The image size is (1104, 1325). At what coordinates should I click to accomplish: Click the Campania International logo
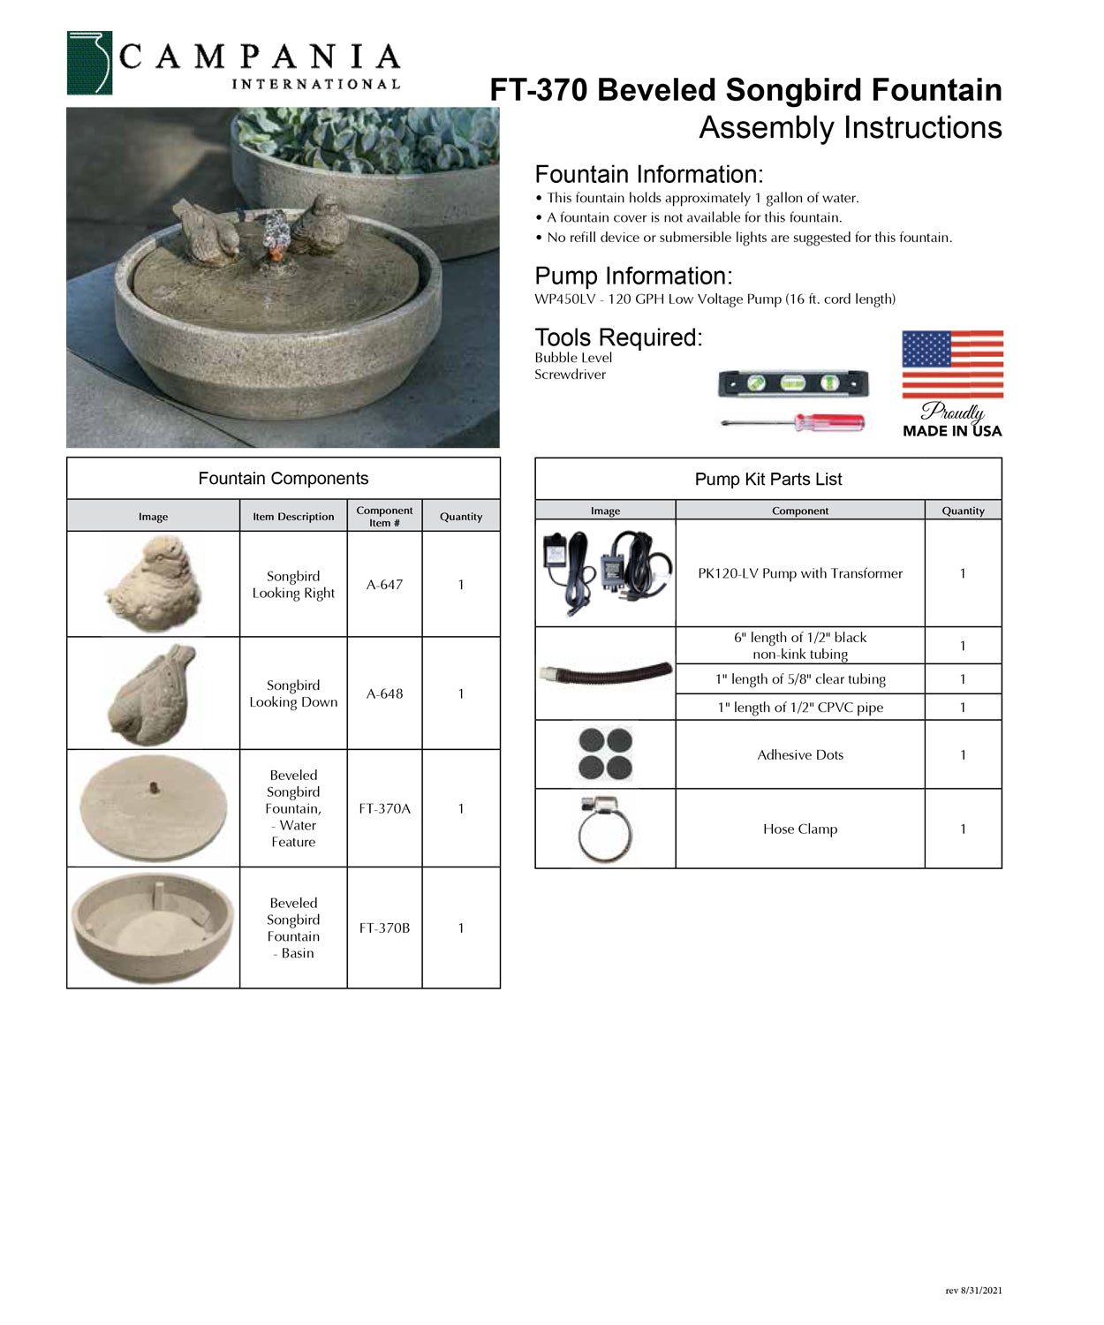point(233,63)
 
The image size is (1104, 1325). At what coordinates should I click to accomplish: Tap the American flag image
point(952,364)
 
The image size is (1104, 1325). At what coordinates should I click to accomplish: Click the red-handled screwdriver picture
point(793,423)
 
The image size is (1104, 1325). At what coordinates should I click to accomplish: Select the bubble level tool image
point(792,383)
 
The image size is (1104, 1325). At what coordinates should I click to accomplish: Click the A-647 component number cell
point(384,585)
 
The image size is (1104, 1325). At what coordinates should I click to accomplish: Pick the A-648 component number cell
point(384,694)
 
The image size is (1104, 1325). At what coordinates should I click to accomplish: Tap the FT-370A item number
point(384,808)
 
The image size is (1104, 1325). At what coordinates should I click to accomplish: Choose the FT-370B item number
point(384,928)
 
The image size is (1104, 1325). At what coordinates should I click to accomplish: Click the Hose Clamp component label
point(800,829)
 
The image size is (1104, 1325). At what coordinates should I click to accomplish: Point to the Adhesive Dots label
point(800,755)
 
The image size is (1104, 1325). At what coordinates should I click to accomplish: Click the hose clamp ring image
point(605,829)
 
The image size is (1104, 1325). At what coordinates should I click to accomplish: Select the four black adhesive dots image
point(605,753)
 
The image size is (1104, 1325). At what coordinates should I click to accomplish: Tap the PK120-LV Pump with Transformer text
point(800,573)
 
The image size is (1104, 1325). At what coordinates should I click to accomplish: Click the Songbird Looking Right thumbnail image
point(154,584)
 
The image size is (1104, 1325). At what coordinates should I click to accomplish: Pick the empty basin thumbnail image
point(154,927)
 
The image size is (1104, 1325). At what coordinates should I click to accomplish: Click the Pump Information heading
point(633,276)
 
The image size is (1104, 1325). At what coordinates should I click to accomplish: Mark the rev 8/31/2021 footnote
point(973,1291)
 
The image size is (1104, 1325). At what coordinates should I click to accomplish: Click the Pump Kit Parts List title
point(768,480)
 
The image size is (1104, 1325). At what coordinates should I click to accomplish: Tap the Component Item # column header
point(384,517)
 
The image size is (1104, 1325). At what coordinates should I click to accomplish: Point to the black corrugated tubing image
point(605,674)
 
